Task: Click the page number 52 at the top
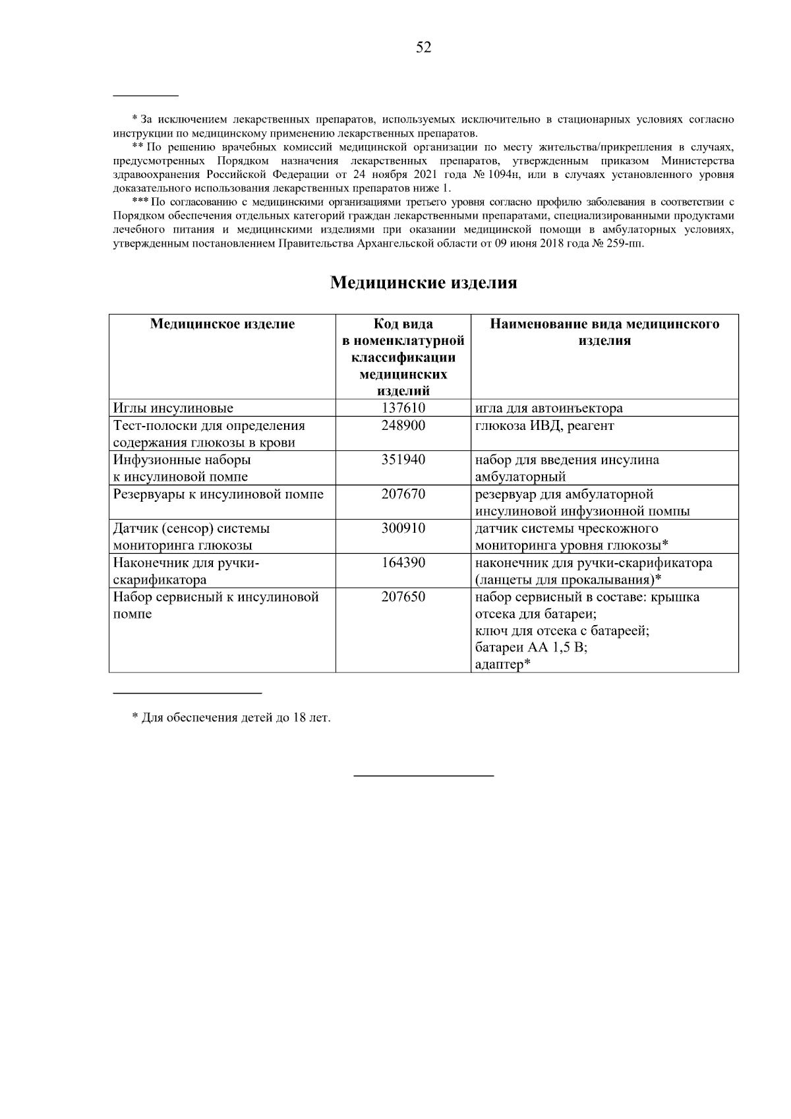click(423, 47)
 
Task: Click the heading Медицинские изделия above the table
click(423, 283)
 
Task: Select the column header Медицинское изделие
click(222, 324)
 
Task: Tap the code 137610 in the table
click(403, 408)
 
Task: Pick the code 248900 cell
click(403, 426)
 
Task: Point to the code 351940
click(403, 460)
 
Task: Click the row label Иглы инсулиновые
click(173, 408)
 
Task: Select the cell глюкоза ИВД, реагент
click(544, 426)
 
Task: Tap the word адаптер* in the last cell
click(503, 665)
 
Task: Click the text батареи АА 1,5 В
click(531, 648)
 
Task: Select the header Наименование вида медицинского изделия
click(604, 332)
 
